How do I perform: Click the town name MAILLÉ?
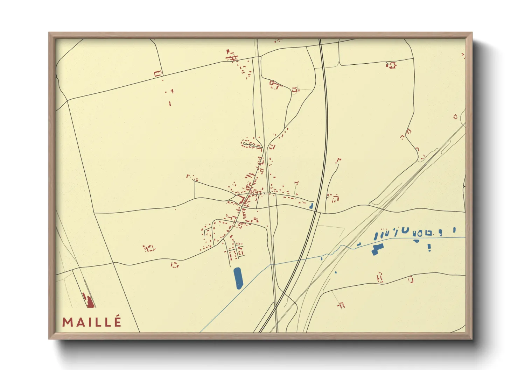[92, 322]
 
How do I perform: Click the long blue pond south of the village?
[238, 278]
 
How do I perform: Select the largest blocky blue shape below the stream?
[377, 249]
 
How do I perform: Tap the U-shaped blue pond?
[405, 230]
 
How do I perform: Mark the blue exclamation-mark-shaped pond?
[429, 248]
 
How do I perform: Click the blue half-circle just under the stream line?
[416, 241]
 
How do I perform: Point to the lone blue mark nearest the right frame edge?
[454, 230]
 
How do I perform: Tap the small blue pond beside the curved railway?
[311, 206]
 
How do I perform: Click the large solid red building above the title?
[90, 302]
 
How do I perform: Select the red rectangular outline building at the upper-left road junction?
[158, 73]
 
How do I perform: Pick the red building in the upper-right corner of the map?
[391, 65]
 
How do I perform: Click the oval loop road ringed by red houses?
[250, 144]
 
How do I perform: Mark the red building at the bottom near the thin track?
[341, 305]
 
